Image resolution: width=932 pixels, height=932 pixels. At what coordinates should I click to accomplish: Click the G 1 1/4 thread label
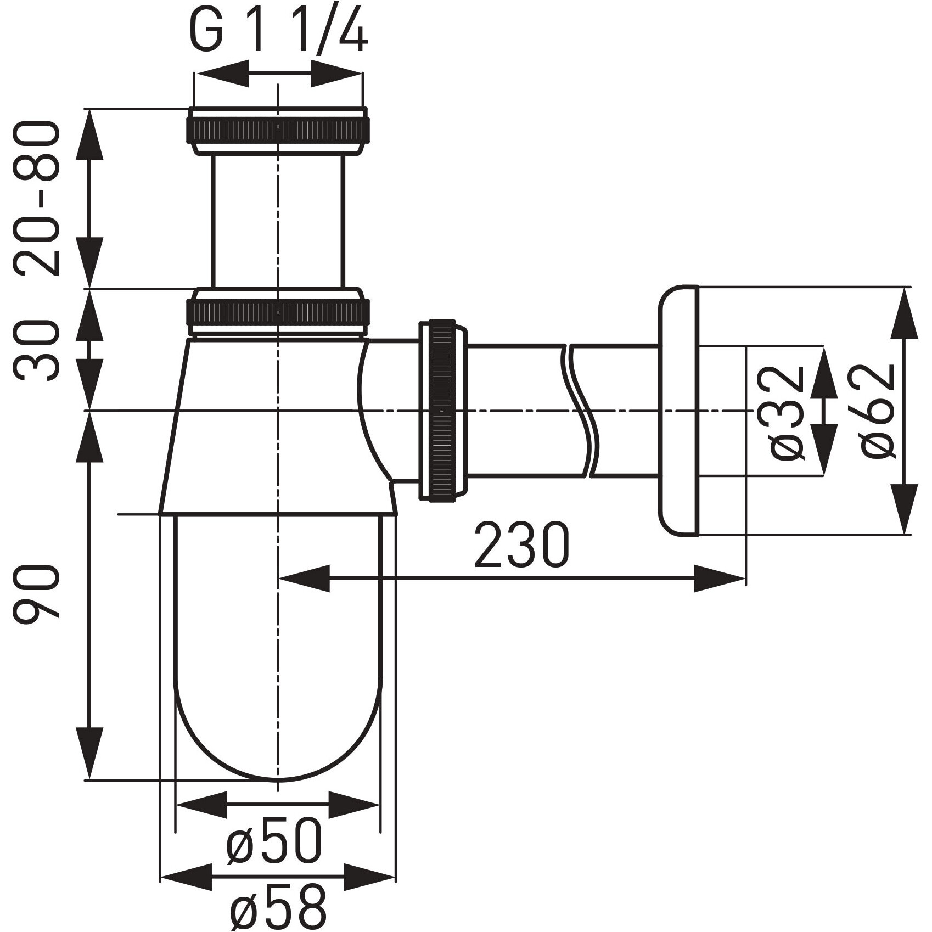(x=279, y=32)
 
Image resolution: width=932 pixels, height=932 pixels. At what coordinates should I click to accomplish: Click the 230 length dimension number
(x=522, y=545)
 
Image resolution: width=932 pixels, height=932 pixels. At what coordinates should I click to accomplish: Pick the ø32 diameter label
(x=788, y=412)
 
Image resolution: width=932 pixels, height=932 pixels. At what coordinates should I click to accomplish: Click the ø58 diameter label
(x=278, y=907)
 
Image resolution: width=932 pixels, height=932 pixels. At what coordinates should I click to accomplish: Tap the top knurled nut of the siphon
(x=278, y=131)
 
